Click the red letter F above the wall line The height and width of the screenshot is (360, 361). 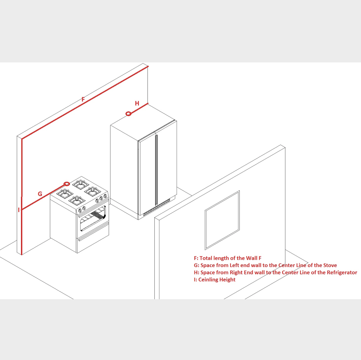point(83,99)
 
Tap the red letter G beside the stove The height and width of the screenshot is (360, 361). point(40,194)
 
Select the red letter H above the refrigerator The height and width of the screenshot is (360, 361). point(137,103)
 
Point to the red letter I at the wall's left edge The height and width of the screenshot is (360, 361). point(19,210)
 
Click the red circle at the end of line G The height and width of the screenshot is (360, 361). point(66,184)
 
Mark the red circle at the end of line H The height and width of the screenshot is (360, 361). point(129,114)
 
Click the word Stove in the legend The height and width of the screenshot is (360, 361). point(330,265)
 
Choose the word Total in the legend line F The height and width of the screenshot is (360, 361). point(206,258)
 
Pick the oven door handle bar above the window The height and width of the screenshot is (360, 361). point(93,209)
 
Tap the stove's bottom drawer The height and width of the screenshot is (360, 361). point(93,238)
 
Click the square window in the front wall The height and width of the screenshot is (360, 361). point(222,220)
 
